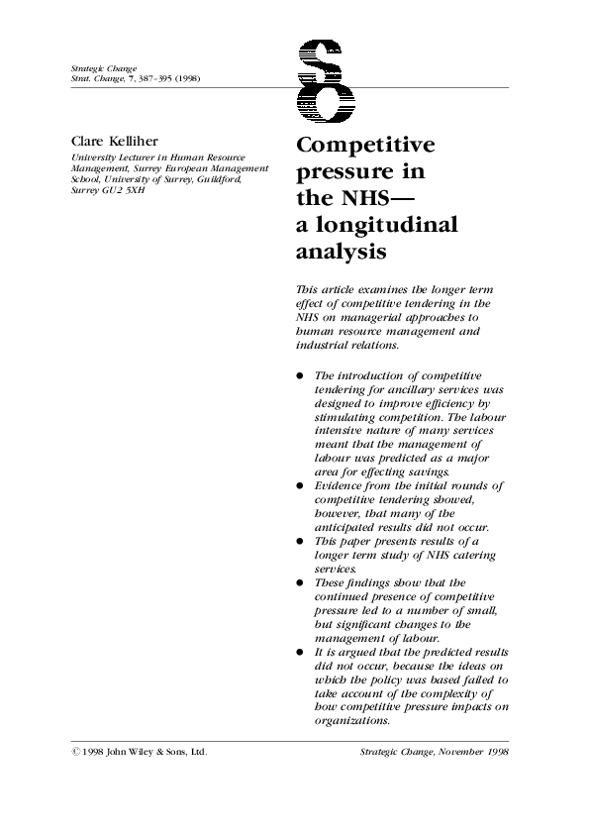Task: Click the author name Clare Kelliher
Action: (113, 141)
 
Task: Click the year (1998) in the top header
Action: (189, 76)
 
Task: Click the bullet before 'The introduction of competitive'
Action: (300, 376)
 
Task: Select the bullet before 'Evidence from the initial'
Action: (300, 486)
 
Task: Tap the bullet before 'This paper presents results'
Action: (300, 542)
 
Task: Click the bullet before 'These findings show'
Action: (300, 583)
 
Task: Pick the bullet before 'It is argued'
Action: (300, 653)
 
